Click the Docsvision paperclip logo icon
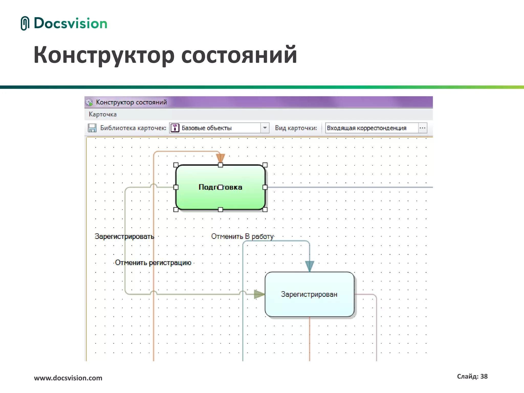pyautogui.click(x=25, y=23)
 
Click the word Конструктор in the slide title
pyautogui.click(x=104, y=55)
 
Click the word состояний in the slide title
pyautogui.click(x=239, y=55)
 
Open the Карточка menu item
pyautogui.click(x=103, y=114)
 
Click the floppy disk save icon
pyautogui.click(x=92, y=128)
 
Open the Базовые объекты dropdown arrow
pyautogui.click(x=265, y=128)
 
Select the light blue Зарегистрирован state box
pyautogui.click(x=309, y=304)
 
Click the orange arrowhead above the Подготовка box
pyautogui.click(x=220, y=157)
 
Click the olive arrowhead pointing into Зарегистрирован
pyautogui.click(x=259, y=294)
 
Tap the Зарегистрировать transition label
pyautogui.click(x=124, y=236)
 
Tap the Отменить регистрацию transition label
pyautogui.click(x=153, y=263)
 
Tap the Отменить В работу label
pyautogui.click(x=242, y=236)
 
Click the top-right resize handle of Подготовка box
pyautogui.click(x=265, y=165)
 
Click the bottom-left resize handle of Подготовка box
pyautogui.click(x=176, y=210)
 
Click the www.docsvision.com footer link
pyautogui.click(x=68, y=378)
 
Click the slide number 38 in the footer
pyautogui.click(x=484, y=376)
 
